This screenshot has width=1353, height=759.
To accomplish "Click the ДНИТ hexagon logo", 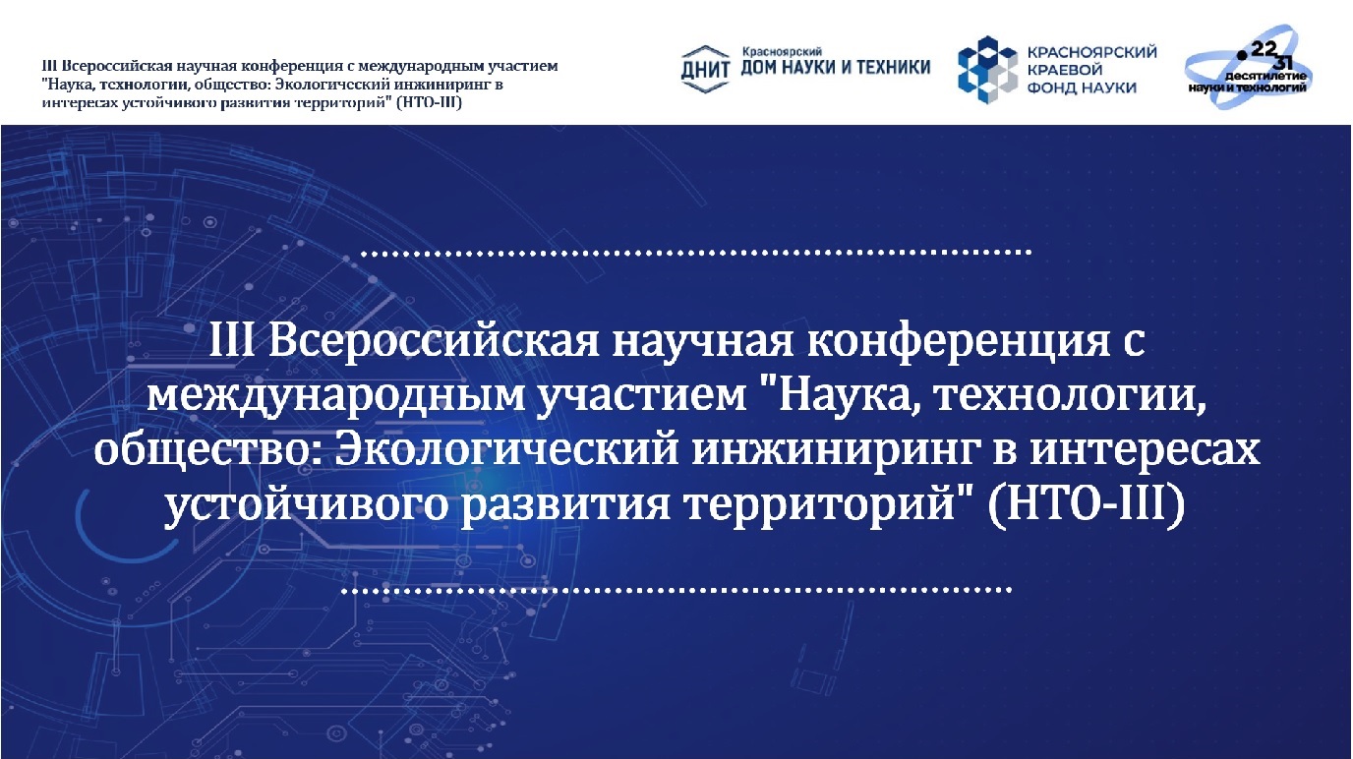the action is pos(705,70).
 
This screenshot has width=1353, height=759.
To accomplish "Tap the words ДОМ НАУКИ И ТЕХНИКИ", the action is pos(836,68).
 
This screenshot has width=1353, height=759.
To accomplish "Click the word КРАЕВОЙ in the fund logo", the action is pos(1065,70).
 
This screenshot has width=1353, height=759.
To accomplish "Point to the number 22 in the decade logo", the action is pos(1263,49).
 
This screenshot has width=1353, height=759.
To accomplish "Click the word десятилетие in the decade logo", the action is pos(1265,76).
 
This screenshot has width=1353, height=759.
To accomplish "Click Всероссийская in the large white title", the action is pos(434,343).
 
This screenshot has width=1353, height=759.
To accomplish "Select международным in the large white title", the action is pos(335,398).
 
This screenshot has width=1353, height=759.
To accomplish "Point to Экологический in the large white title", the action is pos(506,450).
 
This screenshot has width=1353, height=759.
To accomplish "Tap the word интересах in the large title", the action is pos(1146,451).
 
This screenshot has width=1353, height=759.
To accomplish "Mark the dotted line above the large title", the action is pos(696,253).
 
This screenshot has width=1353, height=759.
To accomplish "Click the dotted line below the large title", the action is pos(676,590).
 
